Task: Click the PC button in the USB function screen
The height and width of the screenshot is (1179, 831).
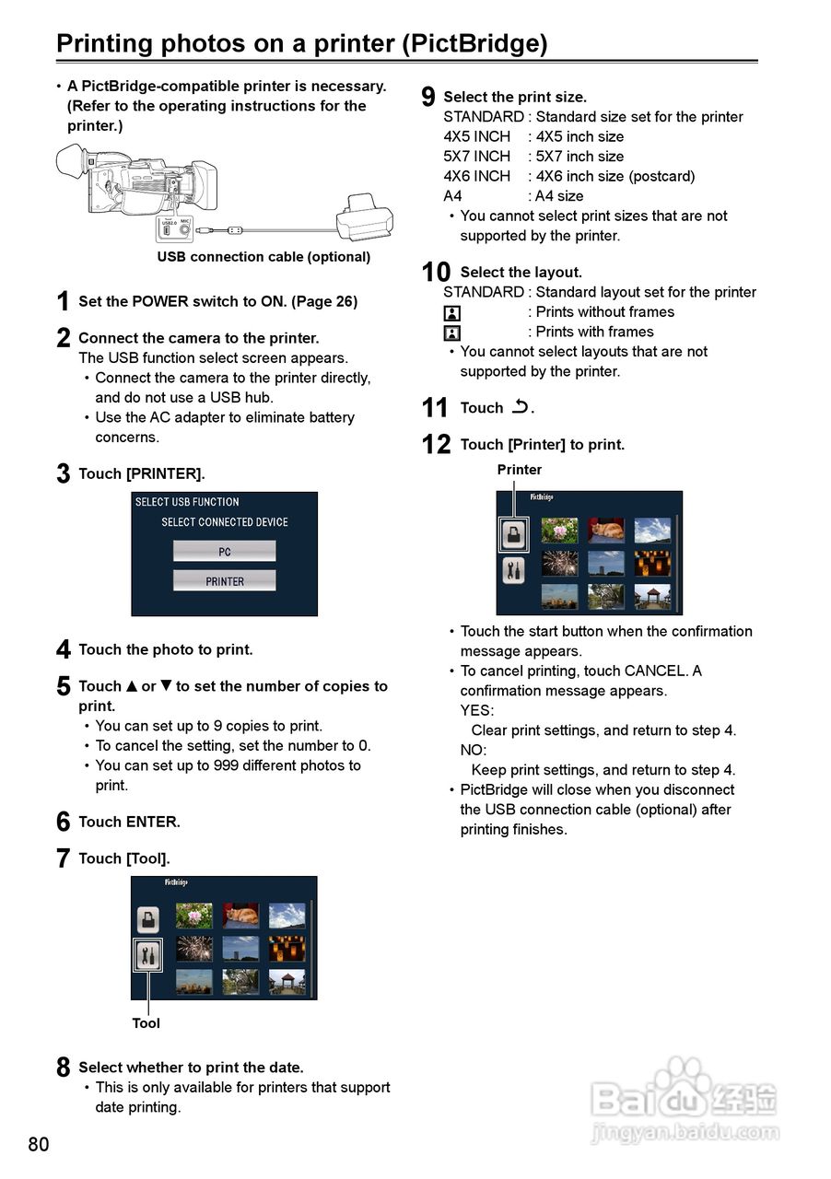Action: [x=225, y=551]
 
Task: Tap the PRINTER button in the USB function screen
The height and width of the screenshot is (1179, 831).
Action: [x=225, y=581]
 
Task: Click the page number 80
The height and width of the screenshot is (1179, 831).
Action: [x=39, y=1145]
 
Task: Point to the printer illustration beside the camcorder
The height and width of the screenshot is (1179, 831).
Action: [x=365, y=217]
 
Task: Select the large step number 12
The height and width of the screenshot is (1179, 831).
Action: [x=436, y=445]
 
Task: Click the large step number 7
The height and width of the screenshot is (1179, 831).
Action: [x=63, y=858]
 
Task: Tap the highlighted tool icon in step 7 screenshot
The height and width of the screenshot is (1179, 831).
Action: [x=147, y=955]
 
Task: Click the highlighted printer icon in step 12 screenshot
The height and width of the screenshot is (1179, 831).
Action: [x=513, y=533]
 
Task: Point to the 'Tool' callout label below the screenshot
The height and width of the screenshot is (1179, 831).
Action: [x=146, y=1023]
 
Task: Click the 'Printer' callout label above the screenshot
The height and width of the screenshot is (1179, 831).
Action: [x=520, y=470]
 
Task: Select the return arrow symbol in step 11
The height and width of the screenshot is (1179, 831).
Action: [x=521, y=406]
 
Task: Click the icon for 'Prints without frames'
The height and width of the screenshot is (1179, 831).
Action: [x=452, y=313]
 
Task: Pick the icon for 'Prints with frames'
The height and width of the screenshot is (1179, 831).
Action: [x=452, y=333]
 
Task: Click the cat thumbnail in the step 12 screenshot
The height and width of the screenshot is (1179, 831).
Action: [x=606, y=530]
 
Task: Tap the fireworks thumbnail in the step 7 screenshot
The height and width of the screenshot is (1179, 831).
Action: [x=193, y=949]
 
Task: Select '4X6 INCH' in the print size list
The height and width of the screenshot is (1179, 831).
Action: [x=476, y=176]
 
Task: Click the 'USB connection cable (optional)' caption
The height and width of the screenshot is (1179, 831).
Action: [x=263, y=257]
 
